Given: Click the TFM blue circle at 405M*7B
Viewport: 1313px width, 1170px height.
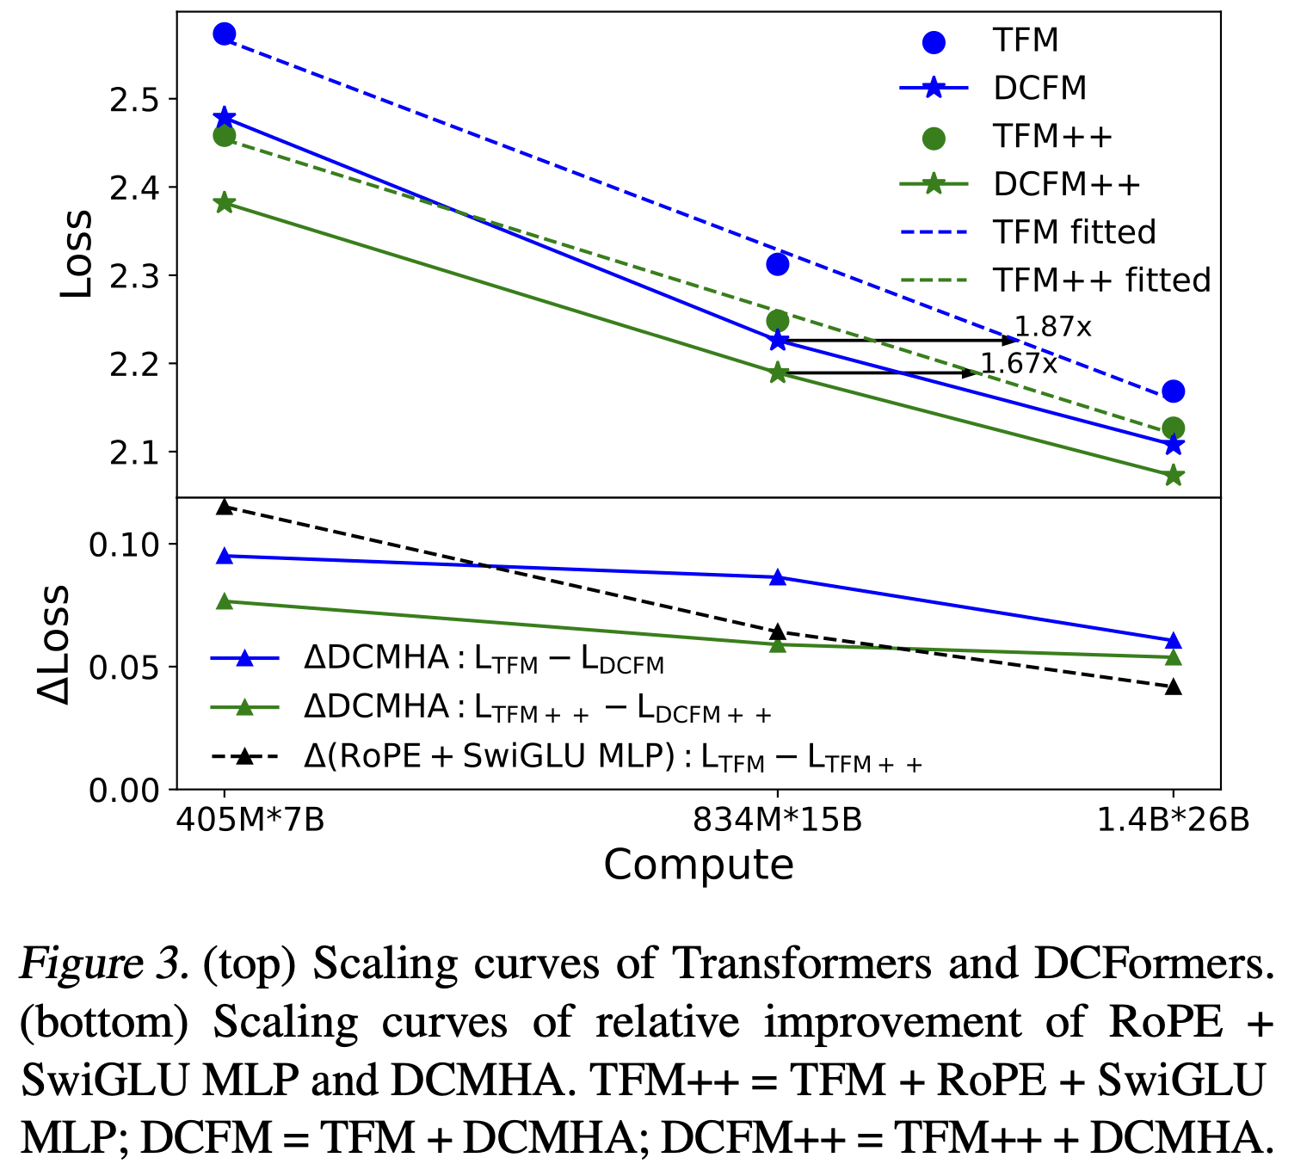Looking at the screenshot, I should click(x=225, y=34).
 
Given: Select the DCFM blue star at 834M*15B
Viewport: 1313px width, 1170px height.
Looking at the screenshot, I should click(x=778, y=341).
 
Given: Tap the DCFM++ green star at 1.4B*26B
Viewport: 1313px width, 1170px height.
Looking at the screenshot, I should click(x=1174, y=475).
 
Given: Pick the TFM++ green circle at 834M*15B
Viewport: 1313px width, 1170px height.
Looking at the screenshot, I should click(x=778, y=321).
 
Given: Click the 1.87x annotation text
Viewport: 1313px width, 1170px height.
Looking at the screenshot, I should click(x=1052, y=327).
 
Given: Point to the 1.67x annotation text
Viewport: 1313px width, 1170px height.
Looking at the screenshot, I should click(x=1019, y=364).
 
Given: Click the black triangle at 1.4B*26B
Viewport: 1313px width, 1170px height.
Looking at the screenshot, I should click(x=1174, y=687).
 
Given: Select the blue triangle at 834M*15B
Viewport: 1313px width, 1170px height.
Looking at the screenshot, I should click(x=778, y=577).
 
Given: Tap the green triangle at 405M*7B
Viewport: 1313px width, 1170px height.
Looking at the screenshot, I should click(x=225, y=601).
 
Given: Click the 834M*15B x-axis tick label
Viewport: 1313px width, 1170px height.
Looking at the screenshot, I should click(x=778, y=820).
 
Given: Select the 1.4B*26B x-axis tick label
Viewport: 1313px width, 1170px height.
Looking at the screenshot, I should click(x=1174, y=820).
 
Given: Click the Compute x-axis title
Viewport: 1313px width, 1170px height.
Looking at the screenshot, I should click(x=698, y=865).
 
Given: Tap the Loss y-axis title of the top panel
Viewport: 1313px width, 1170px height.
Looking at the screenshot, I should click(x=76, y=254).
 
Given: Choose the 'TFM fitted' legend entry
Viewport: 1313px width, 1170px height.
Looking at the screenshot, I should click(x=1074, y=232).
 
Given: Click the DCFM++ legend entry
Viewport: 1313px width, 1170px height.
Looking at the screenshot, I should click(x=1066, y=184).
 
